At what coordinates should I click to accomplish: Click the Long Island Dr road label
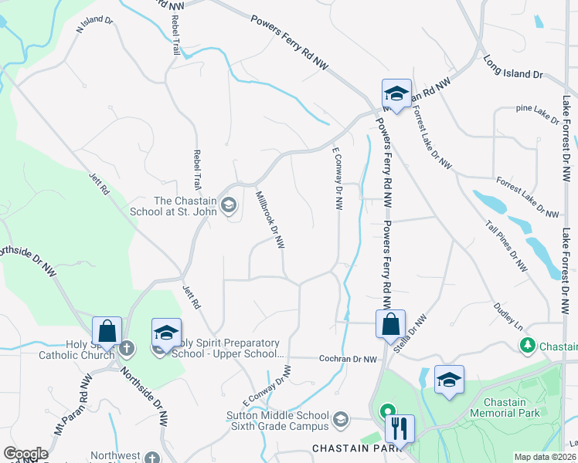pos(513,67)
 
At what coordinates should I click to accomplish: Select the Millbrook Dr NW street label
pos(270,221)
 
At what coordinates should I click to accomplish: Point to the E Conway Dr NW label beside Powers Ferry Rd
pos(337,179)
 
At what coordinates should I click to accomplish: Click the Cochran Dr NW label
pos(348,359)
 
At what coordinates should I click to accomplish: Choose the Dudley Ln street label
pos(508,313)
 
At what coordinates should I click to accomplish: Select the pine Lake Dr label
pos(537,113)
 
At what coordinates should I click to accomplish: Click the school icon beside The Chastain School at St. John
pos(228,205)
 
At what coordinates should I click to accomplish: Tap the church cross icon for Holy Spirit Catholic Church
pos(128,349)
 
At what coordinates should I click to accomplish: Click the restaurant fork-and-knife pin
pos(399,429)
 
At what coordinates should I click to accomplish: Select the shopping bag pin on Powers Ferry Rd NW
pos(391,323)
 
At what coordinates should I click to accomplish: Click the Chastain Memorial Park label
pos(515,408)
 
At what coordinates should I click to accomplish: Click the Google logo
pos(26,454)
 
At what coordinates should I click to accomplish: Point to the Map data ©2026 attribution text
pos(544,457)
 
